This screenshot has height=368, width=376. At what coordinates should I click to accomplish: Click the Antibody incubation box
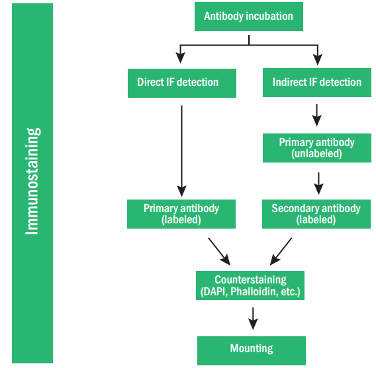(x=248, y=17)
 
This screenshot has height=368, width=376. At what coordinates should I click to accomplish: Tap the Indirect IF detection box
(x=316, y=83)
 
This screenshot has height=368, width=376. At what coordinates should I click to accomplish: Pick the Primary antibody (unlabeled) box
(x=316, y=148)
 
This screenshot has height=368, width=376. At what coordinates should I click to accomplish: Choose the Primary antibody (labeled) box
(x=181, y=213)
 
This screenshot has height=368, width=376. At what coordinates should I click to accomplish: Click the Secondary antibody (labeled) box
(x=316, y=213)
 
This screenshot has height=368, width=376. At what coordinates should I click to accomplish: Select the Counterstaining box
(x=251, y=285)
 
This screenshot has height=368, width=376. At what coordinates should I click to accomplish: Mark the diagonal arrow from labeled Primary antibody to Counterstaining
(x=218, y=250)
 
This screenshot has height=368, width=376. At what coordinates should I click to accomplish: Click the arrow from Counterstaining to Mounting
(x=252, y=318)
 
